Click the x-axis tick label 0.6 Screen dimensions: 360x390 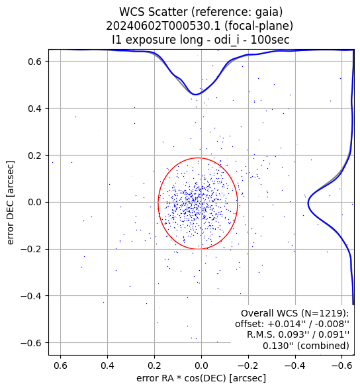(60, 366)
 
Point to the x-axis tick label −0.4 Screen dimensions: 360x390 (295, 366)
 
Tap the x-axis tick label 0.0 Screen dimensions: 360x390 (201, 366)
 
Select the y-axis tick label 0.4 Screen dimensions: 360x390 (34, 109)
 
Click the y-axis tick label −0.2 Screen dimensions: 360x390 (30, 249)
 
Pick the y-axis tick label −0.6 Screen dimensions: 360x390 (30, 343)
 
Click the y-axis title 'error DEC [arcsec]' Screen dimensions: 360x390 (11, 203)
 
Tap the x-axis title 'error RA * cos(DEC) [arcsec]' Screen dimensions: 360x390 (201, 378)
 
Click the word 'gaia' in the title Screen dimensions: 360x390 (269, 12)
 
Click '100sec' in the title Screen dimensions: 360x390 (270, 40)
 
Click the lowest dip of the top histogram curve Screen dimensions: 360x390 (195, 95)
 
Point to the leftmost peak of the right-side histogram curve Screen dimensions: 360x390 (308, 203)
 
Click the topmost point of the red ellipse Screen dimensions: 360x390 (198, 158)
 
